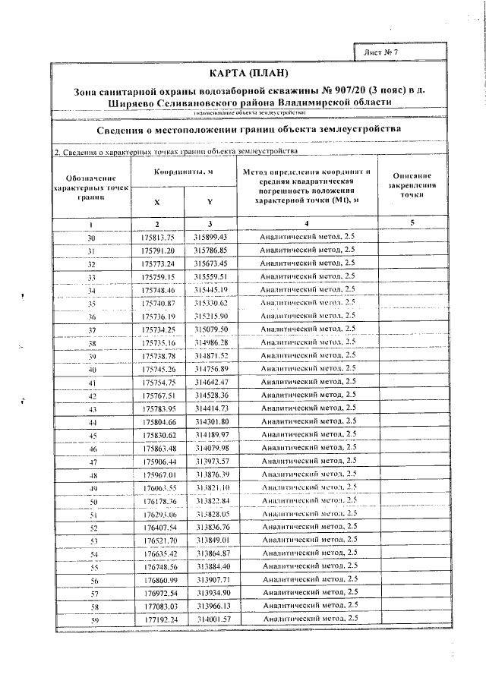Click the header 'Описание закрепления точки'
412,186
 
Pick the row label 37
92,330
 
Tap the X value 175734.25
158,329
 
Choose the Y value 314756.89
211,369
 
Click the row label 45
93,435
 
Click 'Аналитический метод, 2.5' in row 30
306,237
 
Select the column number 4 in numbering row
306,223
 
